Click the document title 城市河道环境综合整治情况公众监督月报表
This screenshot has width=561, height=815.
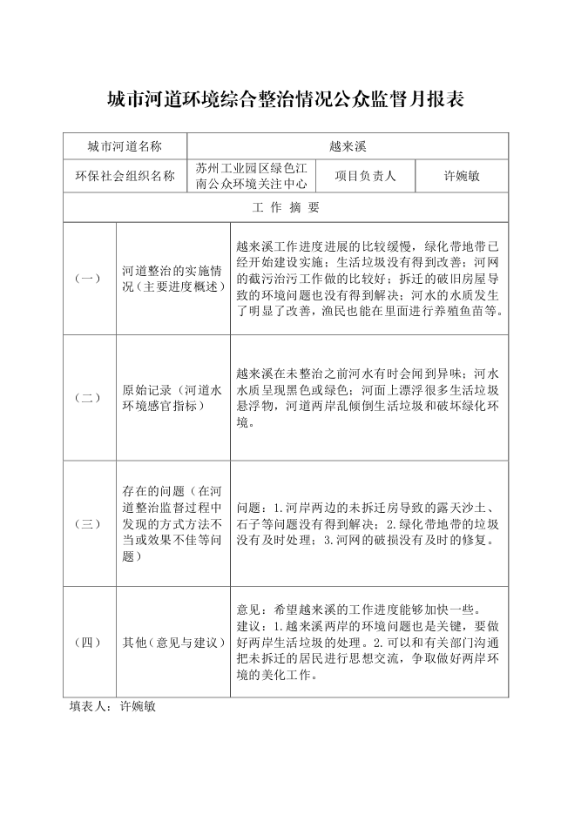click(280, 99)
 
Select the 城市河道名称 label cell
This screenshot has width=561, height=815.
click(125, 146)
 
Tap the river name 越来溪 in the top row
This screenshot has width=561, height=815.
click(348, 146)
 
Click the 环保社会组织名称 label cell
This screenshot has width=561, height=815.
click(125, 176)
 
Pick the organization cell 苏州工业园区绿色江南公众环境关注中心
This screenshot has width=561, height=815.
click(251, 176)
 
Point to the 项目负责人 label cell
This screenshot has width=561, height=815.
click(365, 176)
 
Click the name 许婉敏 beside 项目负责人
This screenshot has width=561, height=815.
click(461, 176)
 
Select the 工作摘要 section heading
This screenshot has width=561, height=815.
click(286, 207)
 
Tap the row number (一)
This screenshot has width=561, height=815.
click(89, 279)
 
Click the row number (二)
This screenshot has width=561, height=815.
click(89, 398)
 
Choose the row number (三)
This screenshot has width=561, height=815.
click(89, 524)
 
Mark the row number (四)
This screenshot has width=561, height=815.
click(89, 643)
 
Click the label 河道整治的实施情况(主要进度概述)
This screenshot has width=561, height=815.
click(172, 279)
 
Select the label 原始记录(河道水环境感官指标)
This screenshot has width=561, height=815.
click(172, 398)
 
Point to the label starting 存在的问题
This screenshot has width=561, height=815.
click(172, 524)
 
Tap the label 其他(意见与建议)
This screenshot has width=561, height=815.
click(173, 643)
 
